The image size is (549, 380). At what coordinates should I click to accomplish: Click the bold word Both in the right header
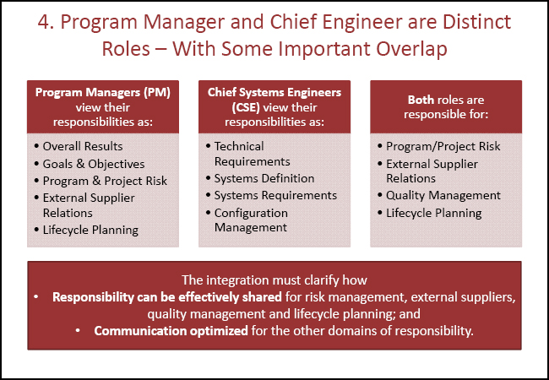click(x=423, y=100)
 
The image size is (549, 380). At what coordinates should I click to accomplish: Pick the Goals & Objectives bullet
click(x=93, y=163)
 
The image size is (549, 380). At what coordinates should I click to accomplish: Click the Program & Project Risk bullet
click(x=105, y=180)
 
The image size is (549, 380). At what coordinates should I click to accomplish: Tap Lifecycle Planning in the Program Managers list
click(x=90, y=229)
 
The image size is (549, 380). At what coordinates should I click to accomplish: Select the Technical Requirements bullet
click(x=252, y=154)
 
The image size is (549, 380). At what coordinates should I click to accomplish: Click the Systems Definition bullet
click(x=264, y=178)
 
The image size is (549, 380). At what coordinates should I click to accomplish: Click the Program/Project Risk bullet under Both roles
click(x=443, y=146)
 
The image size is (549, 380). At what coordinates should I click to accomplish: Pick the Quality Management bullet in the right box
click(x=443, y=195)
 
